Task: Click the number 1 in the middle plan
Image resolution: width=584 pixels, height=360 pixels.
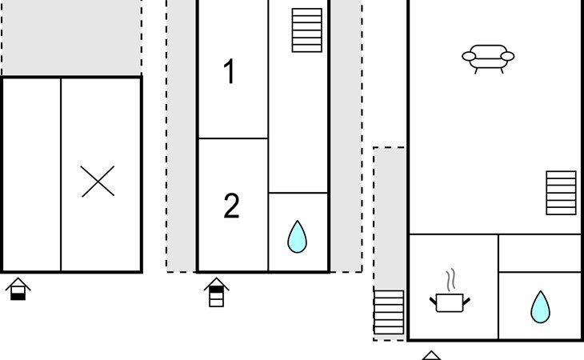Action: [x=230, y=71]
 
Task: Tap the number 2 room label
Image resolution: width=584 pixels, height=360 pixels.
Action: [x=231, y=206]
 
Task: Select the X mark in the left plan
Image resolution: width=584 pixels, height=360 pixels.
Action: [x=98, y=182]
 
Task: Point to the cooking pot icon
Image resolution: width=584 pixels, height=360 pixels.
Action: [x=450, y=302]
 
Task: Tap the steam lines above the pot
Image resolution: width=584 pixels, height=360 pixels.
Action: [x=450, y=279]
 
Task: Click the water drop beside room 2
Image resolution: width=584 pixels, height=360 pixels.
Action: [x=298, y=237]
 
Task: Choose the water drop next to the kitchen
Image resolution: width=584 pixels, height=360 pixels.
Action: [x=540, y=307]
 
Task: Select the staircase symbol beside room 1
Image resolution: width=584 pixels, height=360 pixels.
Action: [x=307, y=30]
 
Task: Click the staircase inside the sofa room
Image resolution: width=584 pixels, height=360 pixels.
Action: [x=561, y=193]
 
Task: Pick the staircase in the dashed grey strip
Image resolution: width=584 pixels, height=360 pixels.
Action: [x=389, y=312]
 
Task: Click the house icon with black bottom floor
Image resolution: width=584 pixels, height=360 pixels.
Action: [x=18, y=289]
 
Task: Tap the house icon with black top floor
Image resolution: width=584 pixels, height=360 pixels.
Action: [x=216, y=292]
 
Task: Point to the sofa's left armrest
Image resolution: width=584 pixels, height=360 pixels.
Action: [x=469, y=56]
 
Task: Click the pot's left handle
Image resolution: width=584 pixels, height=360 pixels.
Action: [x=433, y=301]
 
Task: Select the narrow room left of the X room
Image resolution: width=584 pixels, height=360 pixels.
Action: [x=32, y=174]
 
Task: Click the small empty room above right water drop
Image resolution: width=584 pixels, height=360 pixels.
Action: [x=540, y=253]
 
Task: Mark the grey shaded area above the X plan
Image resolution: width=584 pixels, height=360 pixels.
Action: [x=71, y=38]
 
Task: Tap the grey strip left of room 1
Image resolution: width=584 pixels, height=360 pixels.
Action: [x=182, y=136]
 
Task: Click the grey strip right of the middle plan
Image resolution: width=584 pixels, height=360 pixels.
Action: [x=346, y=136]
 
